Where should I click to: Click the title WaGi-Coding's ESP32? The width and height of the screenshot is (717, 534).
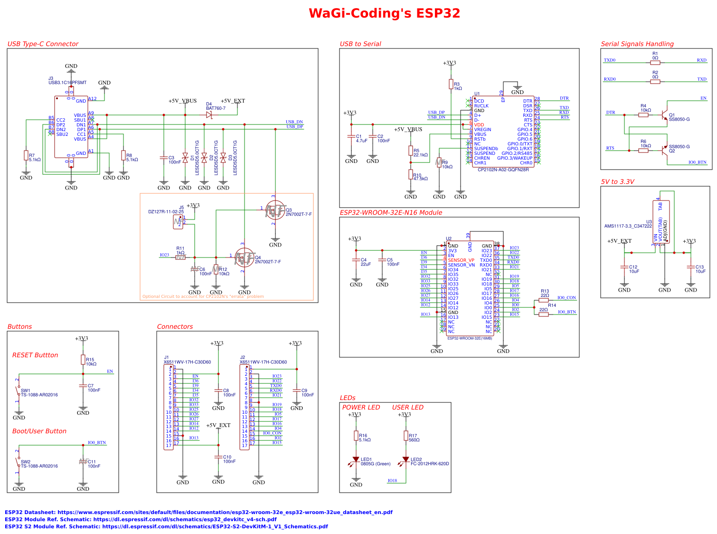[x=384, y=13]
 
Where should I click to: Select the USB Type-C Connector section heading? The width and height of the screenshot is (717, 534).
[x=43, y=44]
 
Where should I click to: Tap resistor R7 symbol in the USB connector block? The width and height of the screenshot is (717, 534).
[x=26, y=155]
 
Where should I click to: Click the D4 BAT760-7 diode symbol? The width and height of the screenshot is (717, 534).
[x=209, y=115]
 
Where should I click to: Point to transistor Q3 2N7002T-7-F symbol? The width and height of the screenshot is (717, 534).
[x=275, y=210]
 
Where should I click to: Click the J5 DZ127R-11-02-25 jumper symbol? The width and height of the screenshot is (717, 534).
[x=178, y=221]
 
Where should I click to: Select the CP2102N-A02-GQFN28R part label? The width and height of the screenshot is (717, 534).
[x=503, y=170]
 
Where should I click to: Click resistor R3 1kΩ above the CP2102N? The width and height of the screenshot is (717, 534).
[x=451, y=84]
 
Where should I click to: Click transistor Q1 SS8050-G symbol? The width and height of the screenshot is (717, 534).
[x=665, y=115]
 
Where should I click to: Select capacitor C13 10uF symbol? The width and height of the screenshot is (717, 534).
[x=691, y=268]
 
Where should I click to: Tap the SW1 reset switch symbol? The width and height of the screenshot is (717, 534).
[x=19, y=391]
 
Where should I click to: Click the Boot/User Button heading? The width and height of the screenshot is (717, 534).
[x=39, y=431]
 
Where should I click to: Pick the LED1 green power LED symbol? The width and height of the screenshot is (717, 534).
[x=356, y=460]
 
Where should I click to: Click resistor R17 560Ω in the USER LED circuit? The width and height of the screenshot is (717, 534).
[x=406, y=436]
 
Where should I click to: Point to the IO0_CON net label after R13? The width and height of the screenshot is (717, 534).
[x=566, y=298]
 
